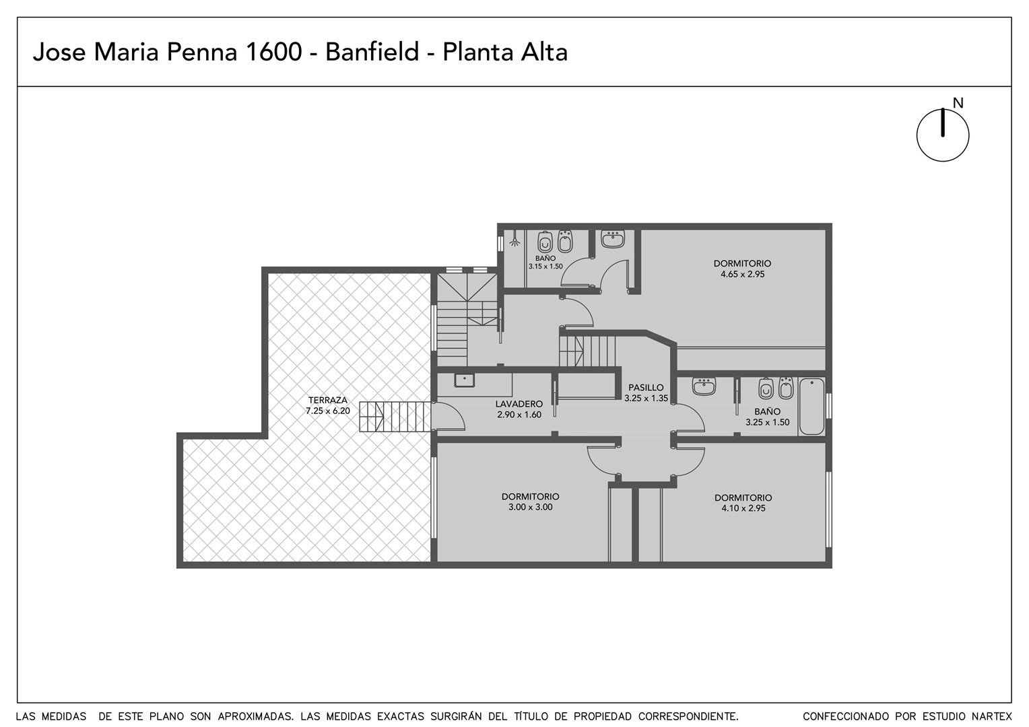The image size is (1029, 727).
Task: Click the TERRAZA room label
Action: pos(327,400)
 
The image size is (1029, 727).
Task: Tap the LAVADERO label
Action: pos(519,404)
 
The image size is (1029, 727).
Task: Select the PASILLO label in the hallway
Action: pos(646,388)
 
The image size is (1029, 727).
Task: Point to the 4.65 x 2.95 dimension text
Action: pos(742,274)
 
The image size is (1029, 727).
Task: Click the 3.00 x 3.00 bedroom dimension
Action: pos(530,507)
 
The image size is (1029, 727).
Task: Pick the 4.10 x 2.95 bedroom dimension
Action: pos(743,508)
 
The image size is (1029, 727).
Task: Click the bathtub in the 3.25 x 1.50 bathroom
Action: pos(811,406)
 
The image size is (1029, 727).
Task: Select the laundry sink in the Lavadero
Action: pos(465,380)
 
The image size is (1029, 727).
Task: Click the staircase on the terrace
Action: pos(395,417)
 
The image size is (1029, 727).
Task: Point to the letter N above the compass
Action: pos(958,104)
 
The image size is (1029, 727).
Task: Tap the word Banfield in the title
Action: pos(372,53)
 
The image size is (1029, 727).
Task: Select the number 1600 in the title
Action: pos(274,53)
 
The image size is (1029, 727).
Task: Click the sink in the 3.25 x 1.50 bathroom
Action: pos(704,386)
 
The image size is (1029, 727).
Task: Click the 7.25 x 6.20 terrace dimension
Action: pos(327,411)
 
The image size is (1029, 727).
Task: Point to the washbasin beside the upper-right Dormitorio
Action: pos(613,239)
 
